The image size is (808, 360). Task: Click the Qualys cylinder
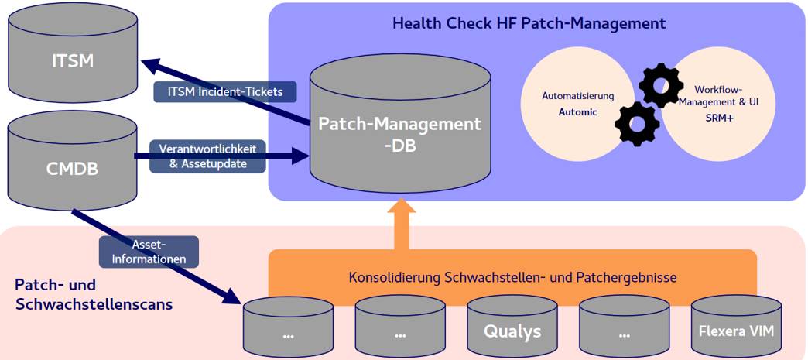pos(512,328)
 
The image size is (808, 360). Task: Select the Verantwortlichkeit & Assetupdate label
pos(207,156)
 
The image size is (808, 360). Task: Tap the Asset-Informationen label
pos(149,252)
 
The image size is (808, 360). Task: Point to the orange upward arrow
pos(400,225)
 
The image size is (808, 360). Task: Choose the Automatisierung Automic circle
pos(577,105)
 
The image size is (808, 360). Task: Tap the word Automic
pos(577,112)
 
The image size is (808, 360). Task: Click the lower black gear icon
pos(637,123)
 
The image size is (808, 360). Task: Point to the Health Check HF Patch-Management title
pos(529,23)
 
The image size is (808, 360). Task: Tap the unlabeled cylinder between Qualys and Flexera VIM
pos(624,328)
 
